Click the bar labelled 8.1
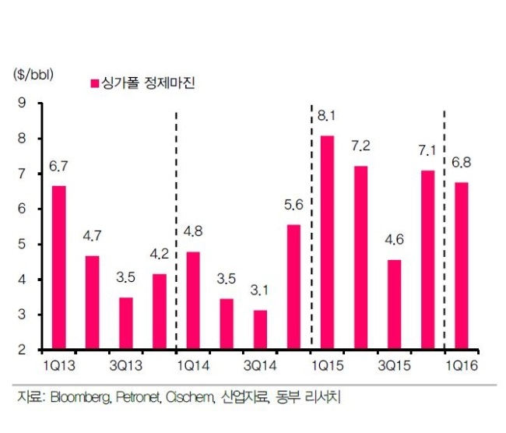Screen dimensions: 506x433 point(327,242)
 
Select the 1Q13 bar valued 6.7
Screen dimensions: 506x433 point(58,267)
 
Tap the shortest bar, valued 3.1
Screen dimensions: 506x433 point(260,329)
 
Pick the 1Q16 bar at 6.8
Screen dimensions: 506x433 point(462,266)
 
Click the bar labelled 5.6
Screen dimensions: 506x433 point(293,287)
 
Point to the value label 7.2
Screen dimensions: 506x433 point(360,146)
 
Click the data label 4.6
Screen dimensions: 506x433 point(395,240)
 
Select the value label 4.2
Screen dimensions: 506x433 point(160,254)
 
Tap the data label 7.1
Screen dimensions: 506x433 point(427,150)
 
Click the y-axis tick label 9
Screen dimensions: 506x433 point(22,103)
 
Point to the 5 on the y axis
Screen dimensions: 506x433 point(22,244)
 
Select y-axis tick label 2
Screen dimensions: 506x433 point(22,350)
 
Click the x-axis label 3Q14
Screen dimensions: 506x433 point(260,366)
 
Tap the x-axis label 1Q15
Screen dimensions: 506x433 point(327,366)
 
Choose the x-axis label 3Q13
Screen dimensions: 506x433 point(126,366)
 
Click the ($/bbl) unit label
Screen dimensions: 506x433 point(33,75)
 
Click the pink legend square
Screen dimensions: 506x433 point(95,83)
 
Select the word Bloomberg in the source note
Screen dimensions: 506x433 point(81,397)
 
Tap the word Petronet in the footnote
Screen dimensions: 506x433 point(138,397)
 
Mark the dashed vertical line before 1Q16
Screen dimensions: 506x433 point(445,231)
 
